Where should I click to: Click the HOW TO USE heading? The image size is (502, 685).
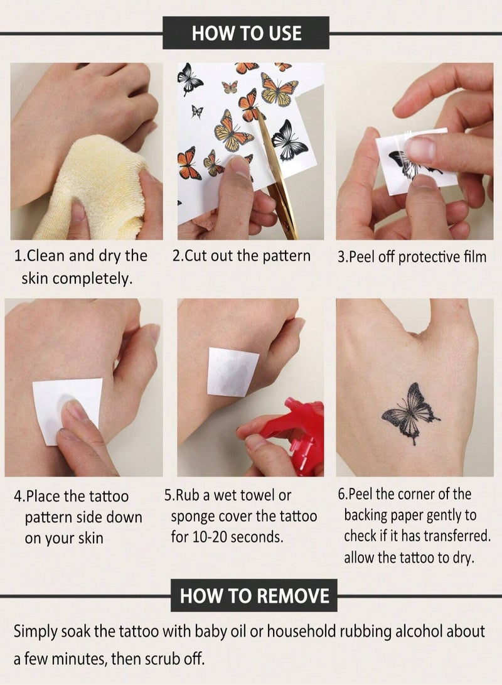(246, 33)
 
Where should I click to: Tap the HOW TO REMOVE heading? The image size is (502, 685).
(254, 595)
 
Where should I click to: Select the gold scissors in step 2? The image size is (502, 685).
(277, 182)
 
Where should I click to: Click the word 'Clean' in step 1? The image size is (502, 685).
(46, 256)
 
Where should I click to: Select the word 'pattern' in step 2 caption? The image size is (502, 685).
(286, 256)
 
